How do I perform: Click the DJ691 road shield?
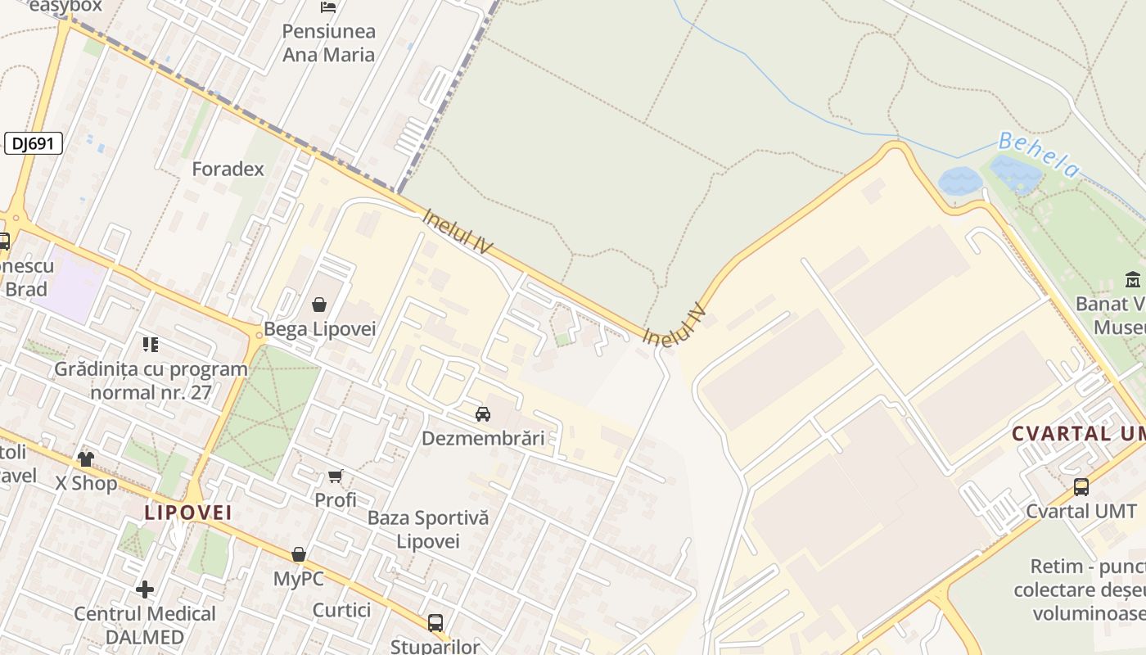click(x=34, y=143)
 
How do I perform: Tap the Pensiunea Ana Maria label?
click(x=328, y=43)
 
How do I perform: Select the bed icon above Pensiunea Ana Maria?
click(x=328, y=8)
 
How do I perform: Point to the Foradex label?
click(x=228, y=169)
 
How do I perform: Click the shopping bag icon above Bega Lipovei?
click(x=319, y=305)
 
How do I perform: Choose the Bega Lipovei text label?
click(x=319, y=329)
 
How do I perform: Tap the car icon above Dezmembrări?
click(x=483, y=413)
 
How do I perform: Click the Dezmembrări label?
click(x=483, y=438)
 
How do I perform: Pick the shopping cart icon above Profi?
click(x=336, y=476)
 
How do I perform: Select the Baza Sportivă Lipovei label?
click(x=428, y=529)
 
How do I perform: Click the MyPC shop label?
click(x=298, y=579)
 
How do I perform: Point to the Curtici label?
click(x=341, y=610)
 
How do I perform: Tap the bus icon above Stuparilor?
click(x=435, y=622)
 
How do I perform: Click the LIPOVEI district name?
click(x=188, y=513)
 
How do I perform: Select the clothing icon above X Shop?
click(x=86, y=458)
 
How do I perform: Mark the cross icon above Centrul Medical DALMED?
click(x=145, y=589)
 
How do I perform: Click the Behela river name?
click(x=1040, y=154)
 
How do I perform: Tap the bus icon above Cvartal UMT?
click(x=1081, y=487)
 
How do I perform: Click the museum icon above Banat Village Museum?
click(x=1133, y=279)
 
